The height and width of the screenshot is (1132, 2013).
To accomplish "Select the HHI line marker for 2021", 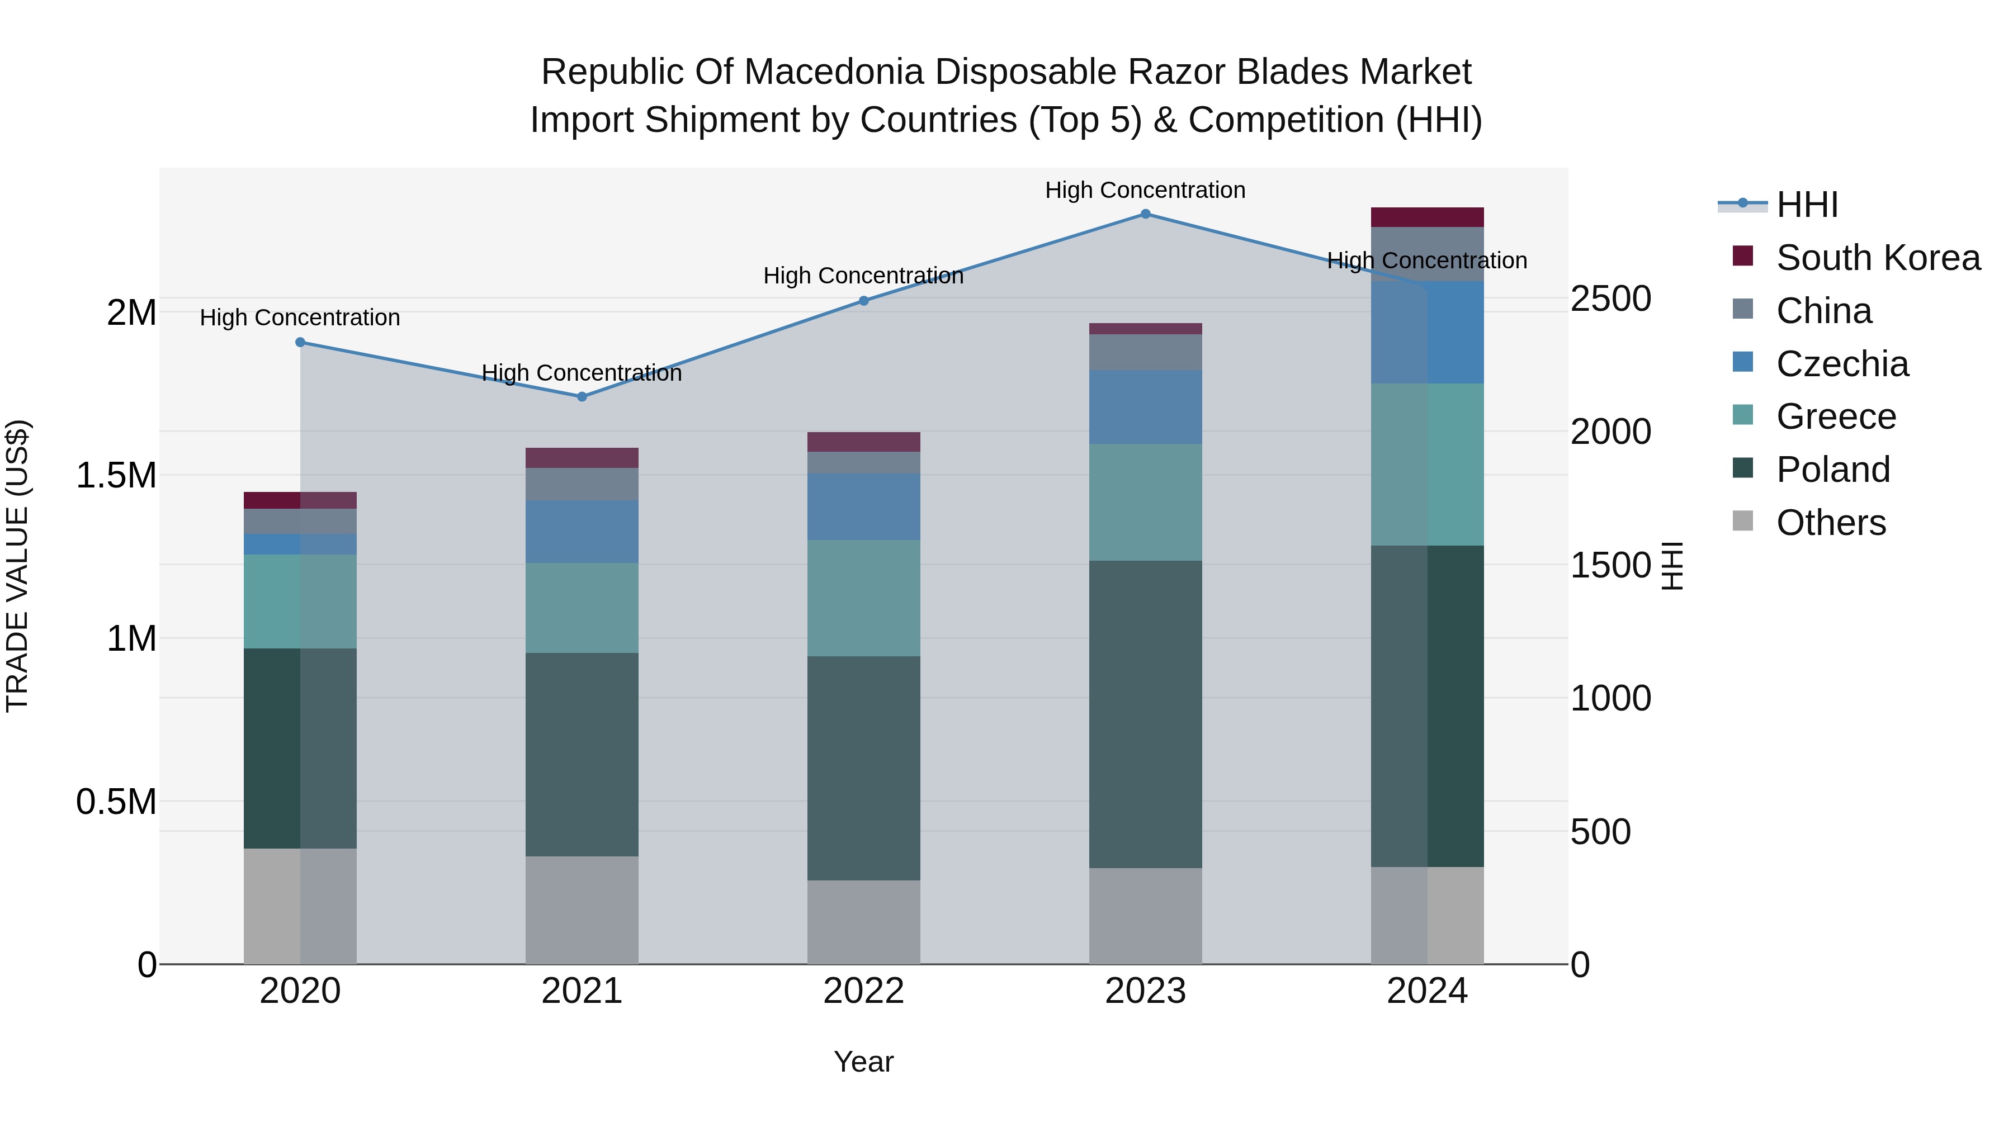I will [x=582, y=397].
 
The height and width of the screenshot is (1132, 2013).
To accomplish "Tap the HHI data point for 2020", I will [x=300, y=342].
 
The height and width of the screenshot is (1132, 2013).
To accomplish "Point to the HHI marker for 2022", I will [x=863, y=301].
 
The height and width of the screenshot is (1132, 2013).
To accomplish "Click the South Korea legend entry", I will [x=1877, y=258].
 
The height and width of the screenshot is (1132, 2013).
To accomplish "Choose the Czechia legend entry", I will [x=1842, y=364].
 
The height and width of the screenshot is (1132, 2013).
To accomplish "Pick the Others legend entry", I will [x=1830, y=523].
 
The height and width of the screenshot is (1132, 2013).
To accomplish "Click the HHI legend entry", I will [x=1807, y=205].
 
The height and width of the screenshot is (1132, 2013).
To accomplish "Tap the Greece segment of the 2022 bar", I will [x=863, y=598].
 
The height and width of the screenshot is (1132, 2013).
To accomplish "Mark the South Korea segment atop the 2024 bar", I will [x=1427, y=217].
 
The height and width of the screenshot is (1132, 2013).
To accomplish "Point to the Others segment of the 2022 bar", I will [x=863, y=922].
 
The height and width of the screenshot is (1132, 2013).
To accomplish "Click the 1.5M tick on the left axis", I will [x=116, y=476].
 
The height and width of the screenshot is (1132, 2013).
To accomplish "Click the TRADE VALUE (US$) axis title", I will [x=17, y=566].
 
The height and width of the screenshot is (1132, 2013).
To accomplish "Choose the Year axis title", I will [x=863, y=1062].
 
